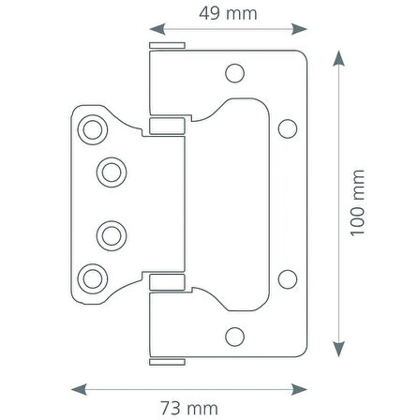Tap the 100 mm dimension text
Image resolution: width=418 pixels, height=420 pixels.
point(356,227)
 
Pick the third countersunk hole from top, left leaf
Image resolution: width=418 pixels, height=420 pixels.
point(111,232)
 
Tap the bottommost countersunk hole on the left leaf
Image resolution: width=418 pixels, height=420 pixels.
point(93,276)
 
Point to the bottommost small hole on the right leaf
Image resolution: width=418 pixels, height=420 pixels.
point(235,334)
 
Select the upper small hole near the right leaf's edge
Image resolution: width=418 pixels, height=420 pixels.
point(288,126)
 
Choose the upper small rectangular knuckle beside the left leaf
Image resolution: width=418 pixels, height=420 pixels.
point(163,124)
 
